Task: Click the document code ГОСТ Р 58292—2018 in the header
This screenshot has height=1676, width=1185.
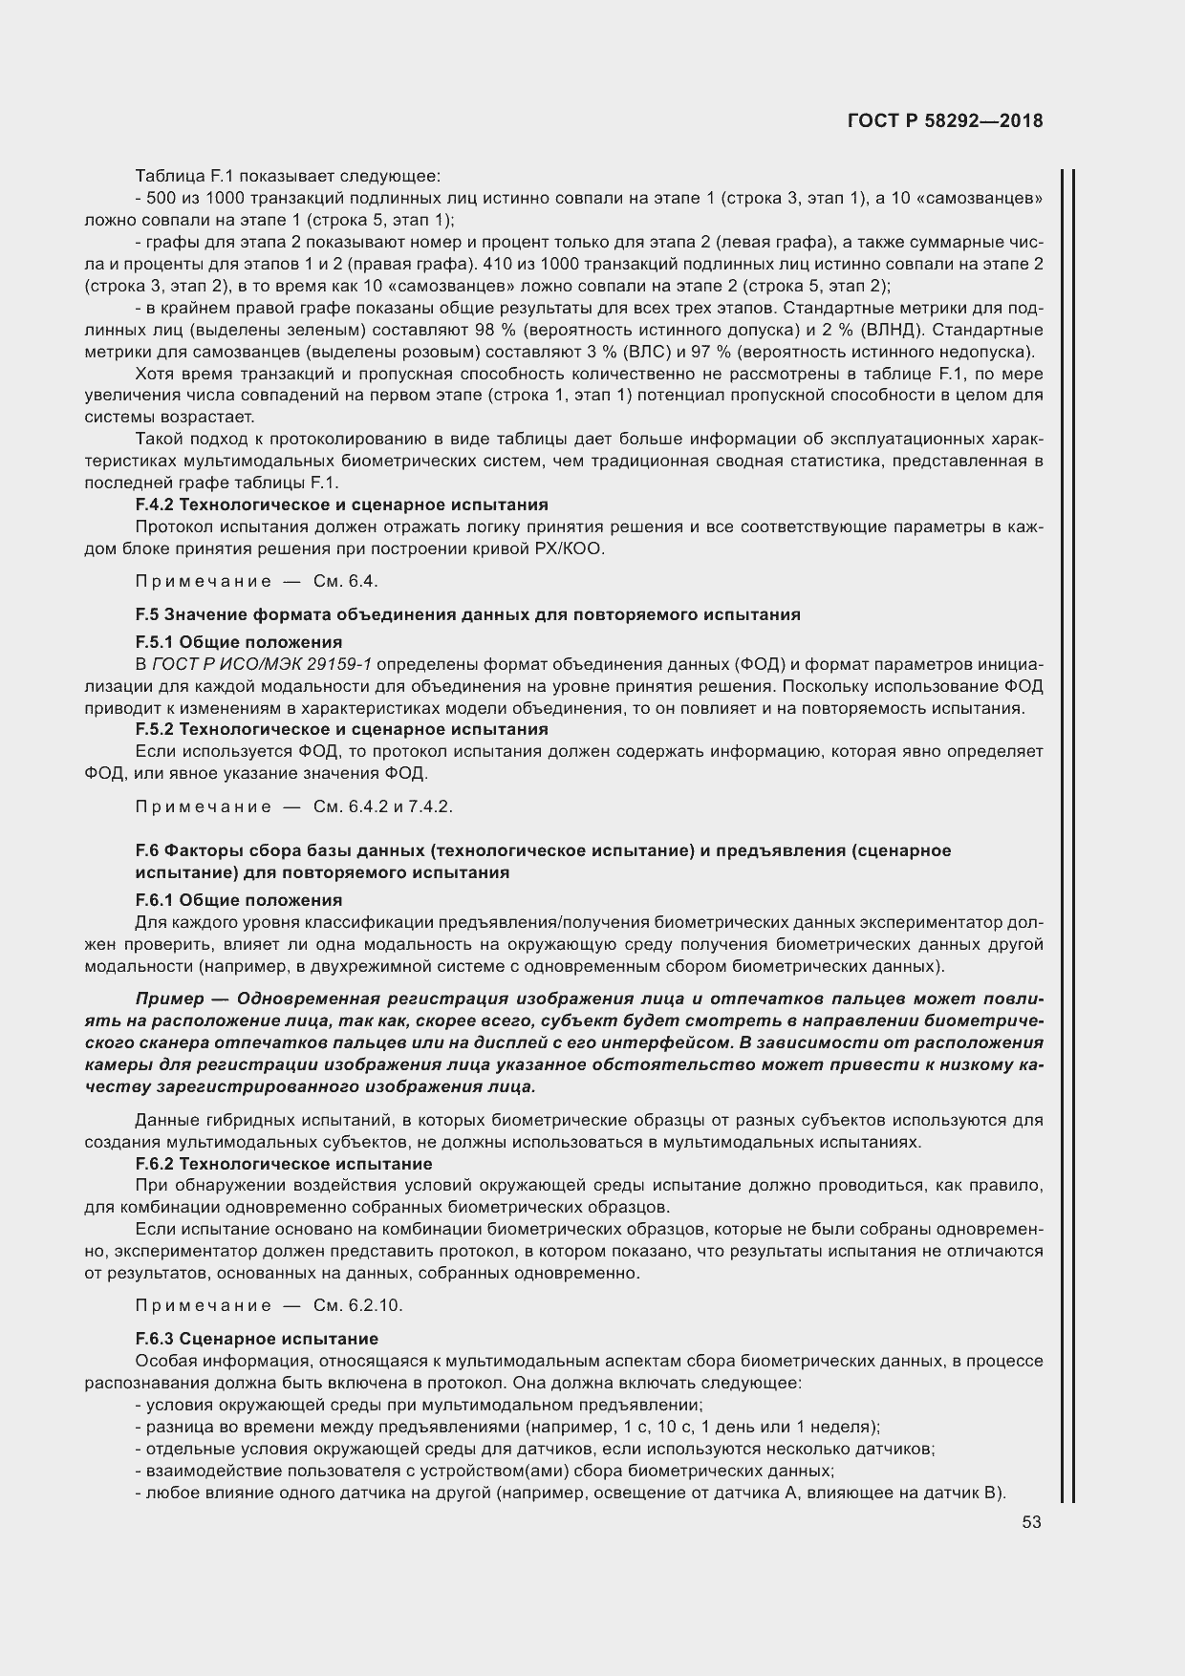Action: tap(945, 121)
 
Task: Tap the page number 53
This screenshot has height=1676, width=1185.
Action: tap(1031, 1523)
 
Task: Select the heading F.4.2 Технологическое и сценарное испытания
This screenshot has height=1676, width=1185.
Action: tap(341, 505)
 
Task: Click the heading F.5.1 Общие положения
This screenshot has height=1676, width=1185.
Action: tap(239, 642)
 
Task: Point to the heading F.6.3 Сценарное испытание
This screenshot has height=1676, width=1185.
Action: tap(257, 1339)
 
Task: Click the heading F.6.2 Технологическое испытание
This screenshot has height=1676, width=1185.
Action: tap(284, 1164)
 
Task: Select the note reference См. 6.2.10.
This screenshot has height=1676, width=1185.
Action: tap(358, 1305)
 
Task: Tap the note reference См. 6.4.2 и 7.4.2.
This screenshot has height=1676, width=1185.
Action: tap(383, 806)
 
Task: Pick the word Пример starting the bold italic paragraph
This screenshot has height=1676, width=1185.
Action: tap(170, 999)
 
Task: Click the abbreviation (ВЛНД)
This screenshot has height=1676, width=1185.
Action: tap(893, 330)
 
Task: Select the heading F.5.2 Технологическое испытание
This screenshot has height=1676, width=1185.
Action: tap(341, 729)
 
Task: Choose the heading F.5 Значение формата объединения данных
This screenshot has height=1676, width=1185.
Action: tap(468, 614)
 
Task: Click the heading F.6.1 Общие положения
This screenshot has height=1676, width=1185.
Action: tap(239, 900)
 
